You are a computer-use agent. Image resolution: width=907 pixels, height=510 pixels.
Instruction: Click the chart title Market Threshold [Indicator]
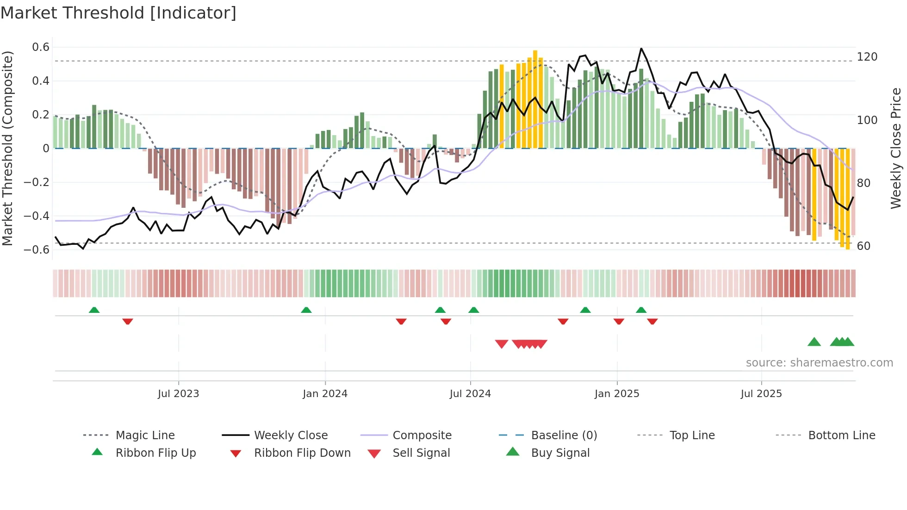118,13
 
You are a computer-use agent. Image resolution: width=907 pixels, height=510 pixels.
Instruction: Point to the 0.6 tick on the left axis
41,47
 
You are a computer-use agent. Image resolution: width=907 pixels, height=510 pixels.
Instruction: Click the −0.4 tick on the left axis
37,216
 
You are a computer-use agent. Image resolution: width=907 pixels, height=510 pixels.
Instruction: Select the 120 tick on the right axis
867,57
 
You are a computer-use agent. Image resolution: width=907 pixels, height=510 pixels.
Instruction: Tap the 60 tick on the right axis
864,246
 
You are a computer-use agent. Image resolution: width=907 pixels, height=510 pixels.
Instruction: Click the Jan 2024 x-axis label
325,394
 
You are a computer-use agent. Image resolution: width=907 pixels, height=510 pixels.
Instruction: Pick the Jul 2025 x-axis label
761,394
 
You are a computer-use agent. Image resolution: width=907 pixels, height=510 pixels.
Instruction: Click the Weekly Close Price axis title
896,148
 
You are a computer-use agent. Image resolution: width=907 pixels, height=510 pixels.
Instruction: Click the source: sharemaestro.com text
819,363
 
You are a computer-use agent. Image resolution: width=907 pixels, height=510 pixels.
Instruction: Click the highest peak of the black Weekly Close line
641,48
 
